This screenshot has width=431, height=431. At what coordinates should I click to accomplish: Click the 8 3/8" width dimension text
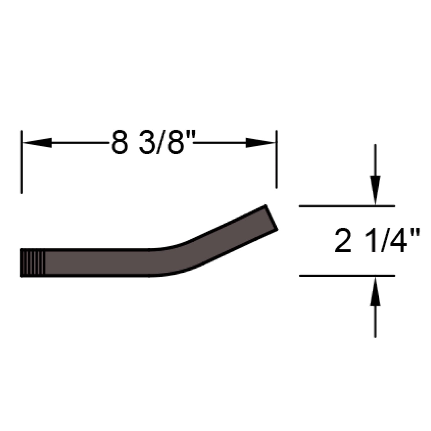pyautogui.click(x=150, y=143)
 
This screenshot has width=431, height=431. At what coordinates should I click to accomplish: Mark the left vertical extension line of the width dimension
pyautogui.click(x=21, y=162)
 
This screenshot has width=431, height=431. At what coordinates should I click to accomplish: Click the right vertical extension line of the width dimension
pyautogui.click(x=276, y=159)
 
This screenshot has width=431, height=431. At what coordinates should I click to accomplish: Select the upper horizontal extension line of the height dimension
pyautogui.click(x=347, y=206)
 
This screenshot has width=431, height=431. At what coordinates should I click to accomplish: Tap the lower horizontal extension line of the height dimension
pyautogui.click(x=347, y=276)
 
